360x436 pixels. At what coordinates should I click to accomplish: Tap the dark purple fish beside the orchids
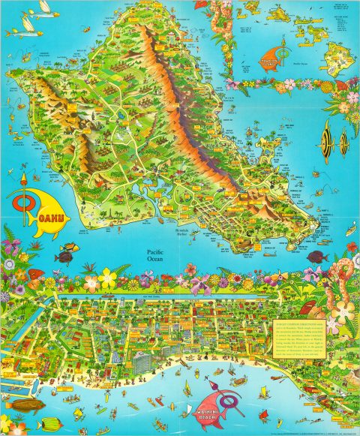point(66,257)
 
